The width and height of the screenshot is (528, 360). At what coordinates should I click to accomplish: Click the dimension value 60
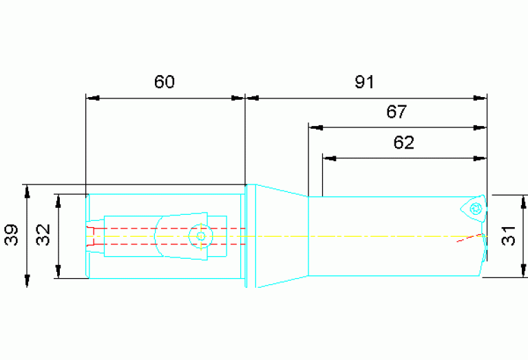[165, 82]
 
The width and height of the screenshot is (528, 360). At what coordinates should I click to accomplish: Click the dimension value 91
[364, 82]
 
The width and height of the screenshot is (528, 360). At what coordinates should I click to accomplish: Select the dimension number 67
[397, 112]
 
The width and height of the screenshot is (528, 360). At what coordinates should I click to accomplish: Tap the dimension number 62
[403, 142]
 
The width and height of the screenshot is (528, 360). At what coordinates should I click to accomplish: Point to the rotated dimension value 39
[11, 235]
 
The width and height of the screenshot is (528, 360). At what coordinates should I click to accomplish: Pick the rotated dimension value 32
[43, 235]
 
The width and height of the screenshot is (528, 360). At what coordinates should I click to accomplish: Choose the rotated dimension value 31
[508, 235]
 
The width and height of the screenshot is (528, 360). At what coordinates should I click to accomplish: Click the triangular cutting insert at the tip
[474, 209]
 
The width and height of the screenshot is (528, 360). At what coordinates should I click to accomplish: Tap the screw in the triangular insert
[476, 209]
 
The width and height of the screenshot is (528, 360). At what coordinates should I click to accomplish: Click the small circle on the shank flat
[201, 236]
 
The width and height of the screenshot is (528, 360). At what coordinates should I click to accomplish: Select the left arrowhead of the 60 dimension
[93, 98]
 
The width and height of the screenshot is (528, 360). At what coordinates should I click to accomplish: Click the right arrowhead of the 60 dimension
[237, 98]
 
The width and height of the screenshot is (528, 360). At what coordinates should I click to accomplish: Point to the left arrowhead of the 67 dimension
[315, 127]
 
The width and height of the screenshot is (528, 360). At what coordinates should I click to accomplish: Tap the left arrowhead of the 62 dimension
[329, 158]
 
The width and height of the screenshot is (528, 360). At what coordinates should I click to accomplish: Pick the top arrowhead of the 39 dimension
[28, 191]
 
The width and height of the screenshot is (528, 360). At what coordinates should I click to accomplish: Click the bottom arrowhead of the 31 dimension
[523, 271]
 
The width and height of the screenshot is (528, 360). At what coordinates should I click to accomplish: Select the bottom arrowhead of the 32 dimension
[59, 271]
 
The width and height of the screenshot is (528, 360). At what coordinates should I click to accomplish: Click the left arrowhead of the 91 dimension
[252, 98]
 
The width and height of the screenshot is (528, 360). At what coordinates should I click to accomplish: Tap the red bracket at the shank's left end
[90, 236]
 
